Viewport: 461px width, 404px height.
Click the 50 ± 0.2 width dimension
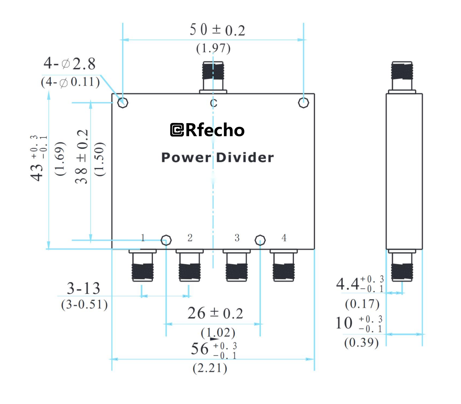pyautogui.click(x=217, y=30)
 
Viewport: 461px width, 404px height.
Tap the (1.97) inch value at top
pyautogui.click(x=213, y=48)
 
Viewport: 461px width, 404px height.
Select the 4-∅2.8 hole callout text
pyautogui.click(x=69, y=64)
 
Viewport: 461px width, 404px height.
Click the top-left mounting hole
pyautogui.click(x=123, y=103)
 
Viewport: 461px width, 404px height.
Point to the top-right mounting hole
pyautogui.click(x=303, y=103)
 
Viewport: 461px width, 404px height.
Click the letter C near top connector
pyautogui.click(x=213, y=103)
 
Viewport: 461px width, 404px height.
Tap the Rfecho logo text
pyautogui.click(x=207, y=130)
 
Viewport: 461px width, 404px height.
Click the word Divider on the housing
pyautogui.click(x=245, y=158)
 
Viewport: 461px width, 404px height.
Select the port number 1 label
pyautogui.click(x=143, y=238)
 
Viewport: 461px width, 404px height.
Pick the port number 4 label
pyautogui.click(x=284, y=238)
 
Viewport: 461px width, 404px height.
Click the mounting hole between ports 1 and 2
pyautogui.click(x=166, y=240)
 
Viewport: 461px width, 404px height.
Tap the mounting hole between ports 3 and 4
pyautogui.click(x=260, y=240)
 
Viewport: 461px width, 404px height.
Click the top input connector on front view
pyautogui.click(x=213, y=76)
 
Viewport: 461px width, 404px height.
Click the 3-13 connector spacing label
pyautogui.click(x=83, y=288)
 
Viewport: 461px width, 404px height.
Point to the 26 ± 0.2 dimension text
pyautogui.click(x=215, y=313)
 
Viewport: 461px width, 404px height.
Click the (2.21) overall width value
pyautogui.click(x=210, y=368)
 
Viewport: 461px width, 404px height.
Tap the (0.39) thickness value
pyautogui.click(x=361, y=343)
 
